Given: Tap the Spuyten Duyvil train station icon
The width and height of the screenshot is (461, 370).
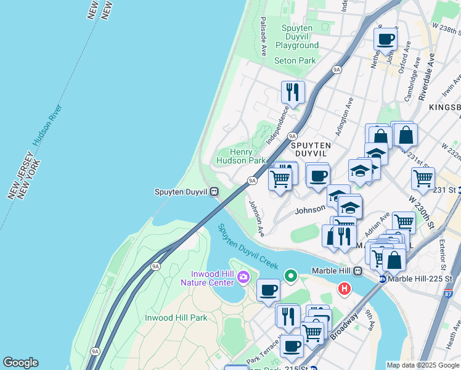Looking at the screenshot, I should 214,192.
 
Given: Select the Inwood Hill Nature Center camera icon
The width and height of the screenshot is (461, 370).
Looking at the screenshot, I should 243,276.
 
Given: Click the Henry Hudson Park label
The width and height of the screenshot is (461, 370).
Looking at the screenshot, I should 240,156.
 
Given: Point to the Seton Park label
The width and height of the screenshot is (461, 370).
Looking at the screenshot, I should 295,60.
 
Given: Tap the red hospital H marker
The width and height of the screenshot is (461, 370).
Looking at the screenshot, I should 344,288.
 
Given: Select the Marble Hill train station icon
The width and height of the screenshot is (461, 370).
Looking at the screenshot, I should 357,270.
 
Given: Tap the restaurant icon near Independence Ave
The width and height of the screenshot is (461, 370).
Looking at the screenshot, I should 293,92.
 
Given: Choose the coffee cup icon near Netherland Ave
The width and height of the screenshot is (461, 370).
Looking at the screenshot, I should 386,39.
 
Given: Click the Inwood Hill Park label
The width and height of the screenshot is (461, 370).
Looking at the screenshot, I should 176,318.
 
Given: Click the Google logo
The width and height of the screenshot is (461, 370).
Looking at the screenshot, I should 20,363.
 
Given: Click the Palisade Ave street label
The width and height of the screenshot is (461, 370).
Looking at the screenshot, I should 263,36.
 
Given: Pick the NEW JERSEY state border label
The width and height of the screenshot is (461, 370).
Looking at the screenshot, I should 25,179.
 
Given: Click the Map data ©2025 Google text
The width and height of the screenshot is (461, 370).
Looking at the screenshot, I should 423,365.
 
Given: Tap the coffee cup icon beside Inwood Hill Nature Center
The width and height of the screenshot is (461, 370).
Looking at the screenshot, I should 268,290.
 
